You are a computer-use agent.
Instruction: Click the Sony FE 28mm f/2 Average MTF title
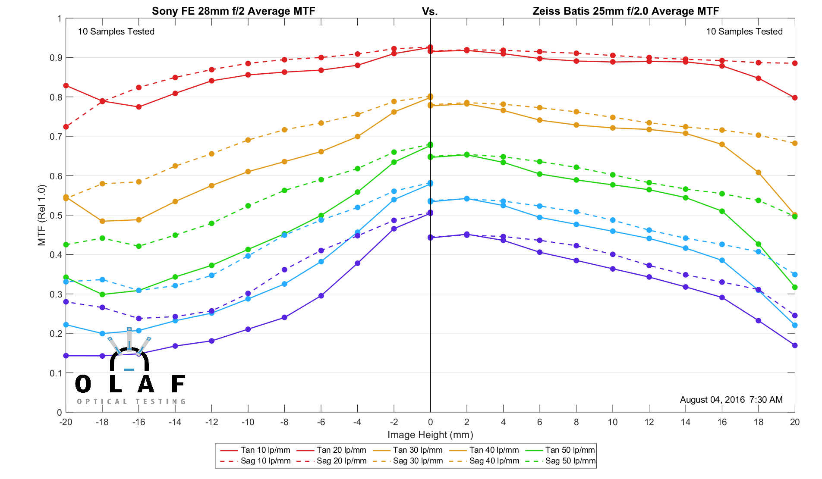pyautogui.click(x=233, y=11)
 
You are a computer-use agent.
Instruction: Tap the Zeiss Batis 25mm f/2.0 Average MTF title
pyautogui.click(x=625, y=11)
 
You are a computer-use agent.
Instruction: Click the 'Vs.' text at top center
pyautogui.click(x=430, y=12)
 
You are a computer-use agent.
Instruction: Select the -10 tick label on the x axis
pyautogui.click(x=248, y=423)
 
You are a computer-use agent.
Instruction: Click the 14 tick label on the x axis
pyautogui.click(x=685, y=423)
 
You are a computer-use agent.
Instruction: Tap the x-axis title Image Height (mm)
pyautogui.click(x=430, y=435)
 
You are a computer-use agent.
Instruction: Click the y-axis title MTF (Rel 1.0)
pyautogui.click(x=42, y=215)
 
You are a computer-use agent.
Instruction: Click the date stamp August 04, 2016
pyautogui.click(x=712, y=400)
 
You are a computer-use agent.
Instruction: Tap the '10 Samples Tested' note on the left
pyautogui.click(x=116, y=31)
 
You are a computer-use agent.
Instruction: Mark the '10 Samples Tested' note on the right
pyautogui.click(x=744, y=31)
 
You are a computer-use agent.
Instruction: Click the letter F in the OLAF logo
pyautogui.click(x=178, y=384)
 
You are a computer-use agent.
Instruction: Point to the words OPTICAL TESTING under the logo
pyautogui.click(x=131, y=401)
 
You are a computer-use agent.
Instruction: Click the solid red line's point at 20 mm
pyautogui.click(x=795, y=98)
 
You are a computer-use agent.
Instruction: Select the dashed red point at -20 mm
pyautogui.click(x=66, y=127)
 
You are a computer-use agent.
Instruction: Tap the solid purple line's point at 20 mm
pyautogui.click(x=795, y=345)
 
